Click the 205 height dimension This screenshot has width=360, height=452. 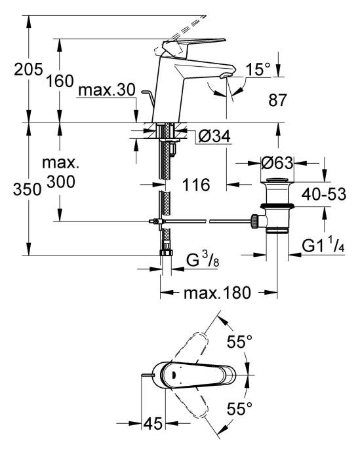(x=28, y=69)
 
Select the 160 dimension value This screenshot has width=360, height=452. (x=60, y=81)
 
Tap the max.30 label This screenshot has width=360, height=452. (x=107, y=90)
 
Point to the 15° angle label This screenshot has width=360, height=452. (x=258, y=69)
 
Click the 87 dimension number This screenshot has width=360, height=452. (x=277, y=100)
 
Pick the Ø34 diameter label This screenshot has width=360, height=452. (x=214, y=136)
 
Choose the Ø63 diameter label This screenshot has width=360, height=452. (x=277, y=163)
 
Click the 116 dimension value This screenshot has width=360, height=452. (x=196, y=185)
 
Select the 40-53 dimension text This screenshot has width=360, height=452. (x=324, y=195)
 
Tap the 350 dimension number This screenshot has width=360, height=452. (x=28, y=190)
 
